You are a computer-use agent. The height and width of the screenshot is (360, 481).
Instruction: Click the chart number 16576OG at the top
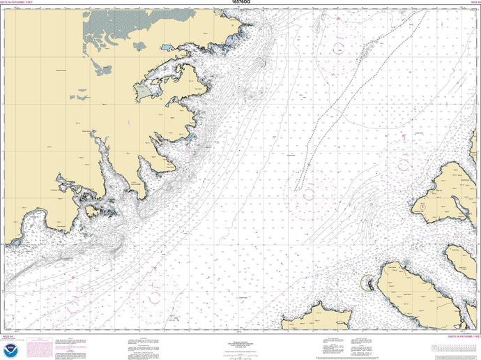pyautogui.click(x=240, y=3)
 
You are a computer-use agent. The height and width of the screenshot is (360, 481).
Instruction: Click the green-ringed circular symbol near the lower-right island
pyautogui.click(x=368, y=283)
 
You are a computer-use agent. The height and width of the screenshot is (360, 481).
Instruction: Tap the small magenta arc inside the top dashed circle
pyautogui.click(x=339, y=47)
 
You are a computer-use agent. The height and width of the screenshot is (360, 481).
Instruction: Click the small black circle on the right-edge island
pyautogui.click(x=422, y=207)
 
